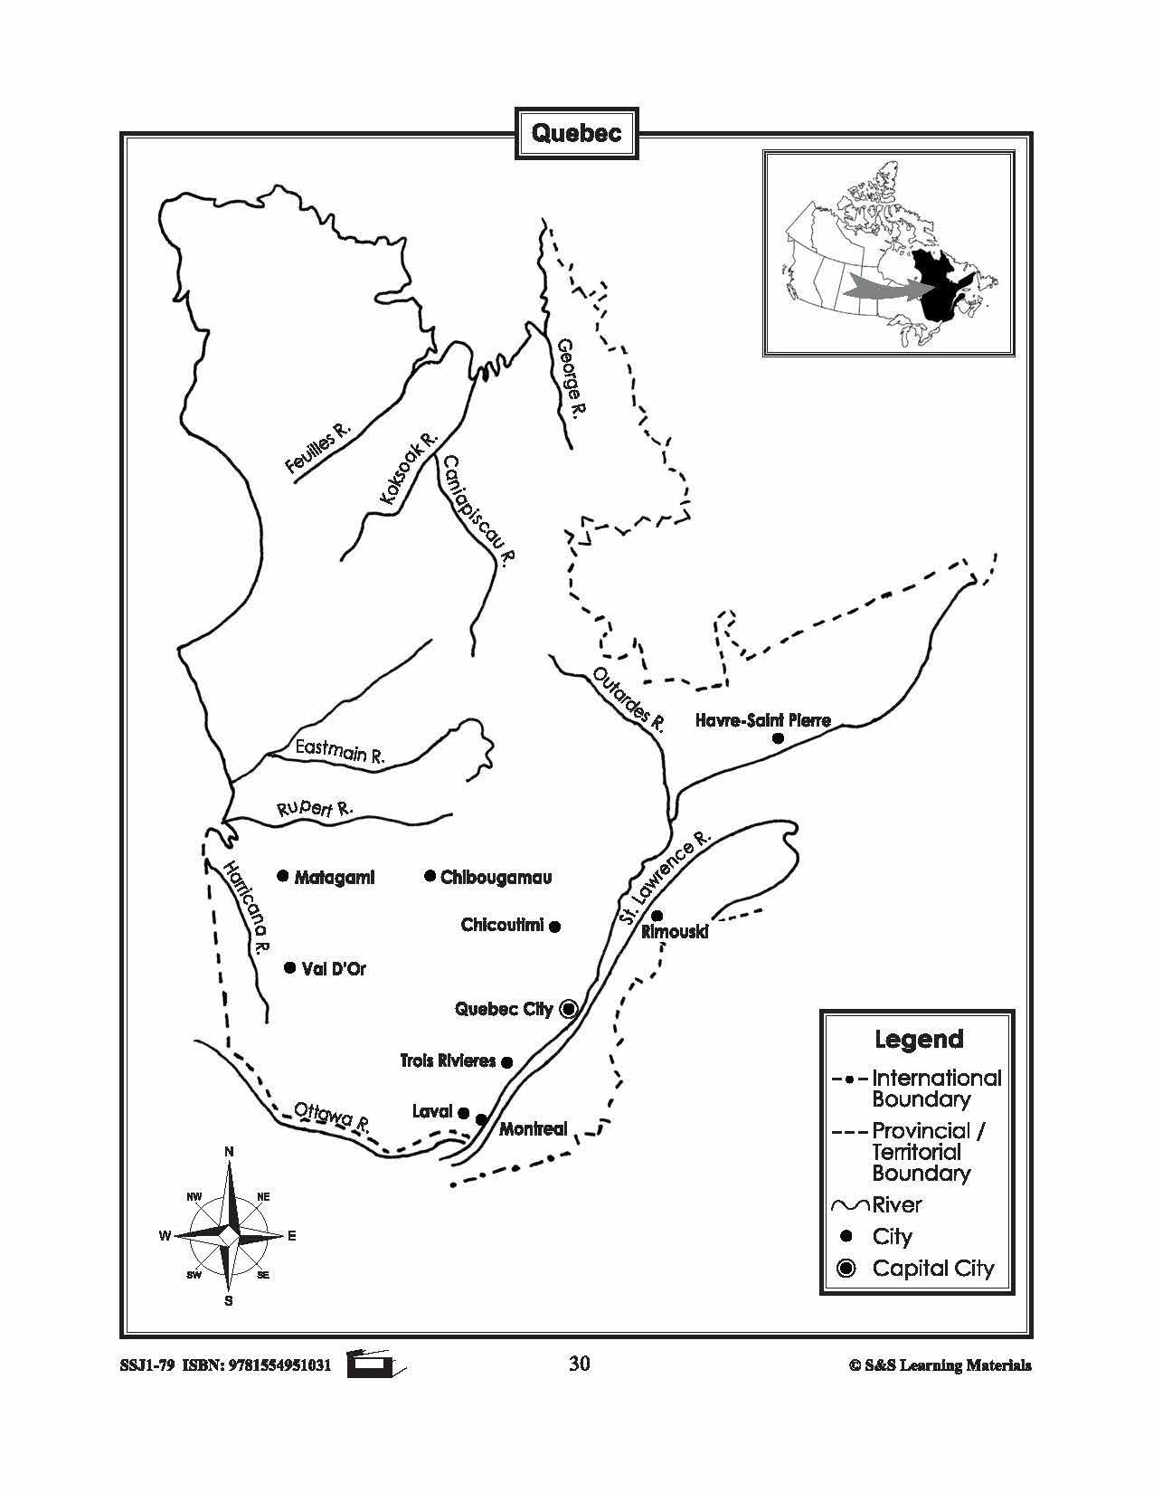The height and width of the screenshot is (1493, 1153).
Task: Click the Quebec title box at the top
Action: tap(576, 134)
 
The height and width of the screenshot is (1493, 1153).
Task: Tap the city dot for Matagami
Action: tap(282, 876)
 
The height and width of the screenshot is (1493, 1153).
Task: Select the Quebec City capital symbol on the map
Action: tap(568, 1008)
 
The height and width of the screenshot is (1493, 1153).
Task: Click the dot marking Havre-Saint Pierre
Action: tap(777, 738)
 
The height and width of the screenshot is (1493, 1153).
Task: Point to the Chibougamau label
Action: tap(496, 877)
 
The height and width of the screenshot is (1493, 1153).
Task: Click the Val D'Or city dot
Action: tap(289, 967)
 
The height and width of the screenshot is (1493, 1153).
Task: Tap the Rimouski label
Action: tap(675, 932)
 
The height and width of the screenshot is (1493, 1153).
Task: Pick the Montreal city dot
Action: tap(481, 1120)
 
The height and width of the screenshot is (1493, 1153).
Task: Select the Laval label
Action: tap(431, 1111)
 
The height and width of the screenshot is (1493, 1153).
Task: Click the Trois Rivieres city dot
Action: tap(507, 1062)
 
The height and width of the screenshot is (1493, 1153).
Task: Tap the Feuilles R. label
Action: tap(317, 448)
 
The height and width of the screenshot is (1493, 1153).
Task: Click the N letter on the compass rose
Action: tap(229, 1151)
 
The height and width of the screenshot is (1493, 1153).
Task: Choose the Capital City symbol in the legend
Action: tap(846, 1269)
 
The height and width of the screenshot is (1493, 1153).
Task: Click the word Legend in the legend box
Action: tap(919, 1039)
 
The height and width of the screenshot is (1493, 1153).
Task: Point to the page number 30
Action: tap(580, 1364)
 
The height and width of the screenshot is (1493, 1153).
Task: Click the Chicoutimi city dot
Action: tap(555, 926)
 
